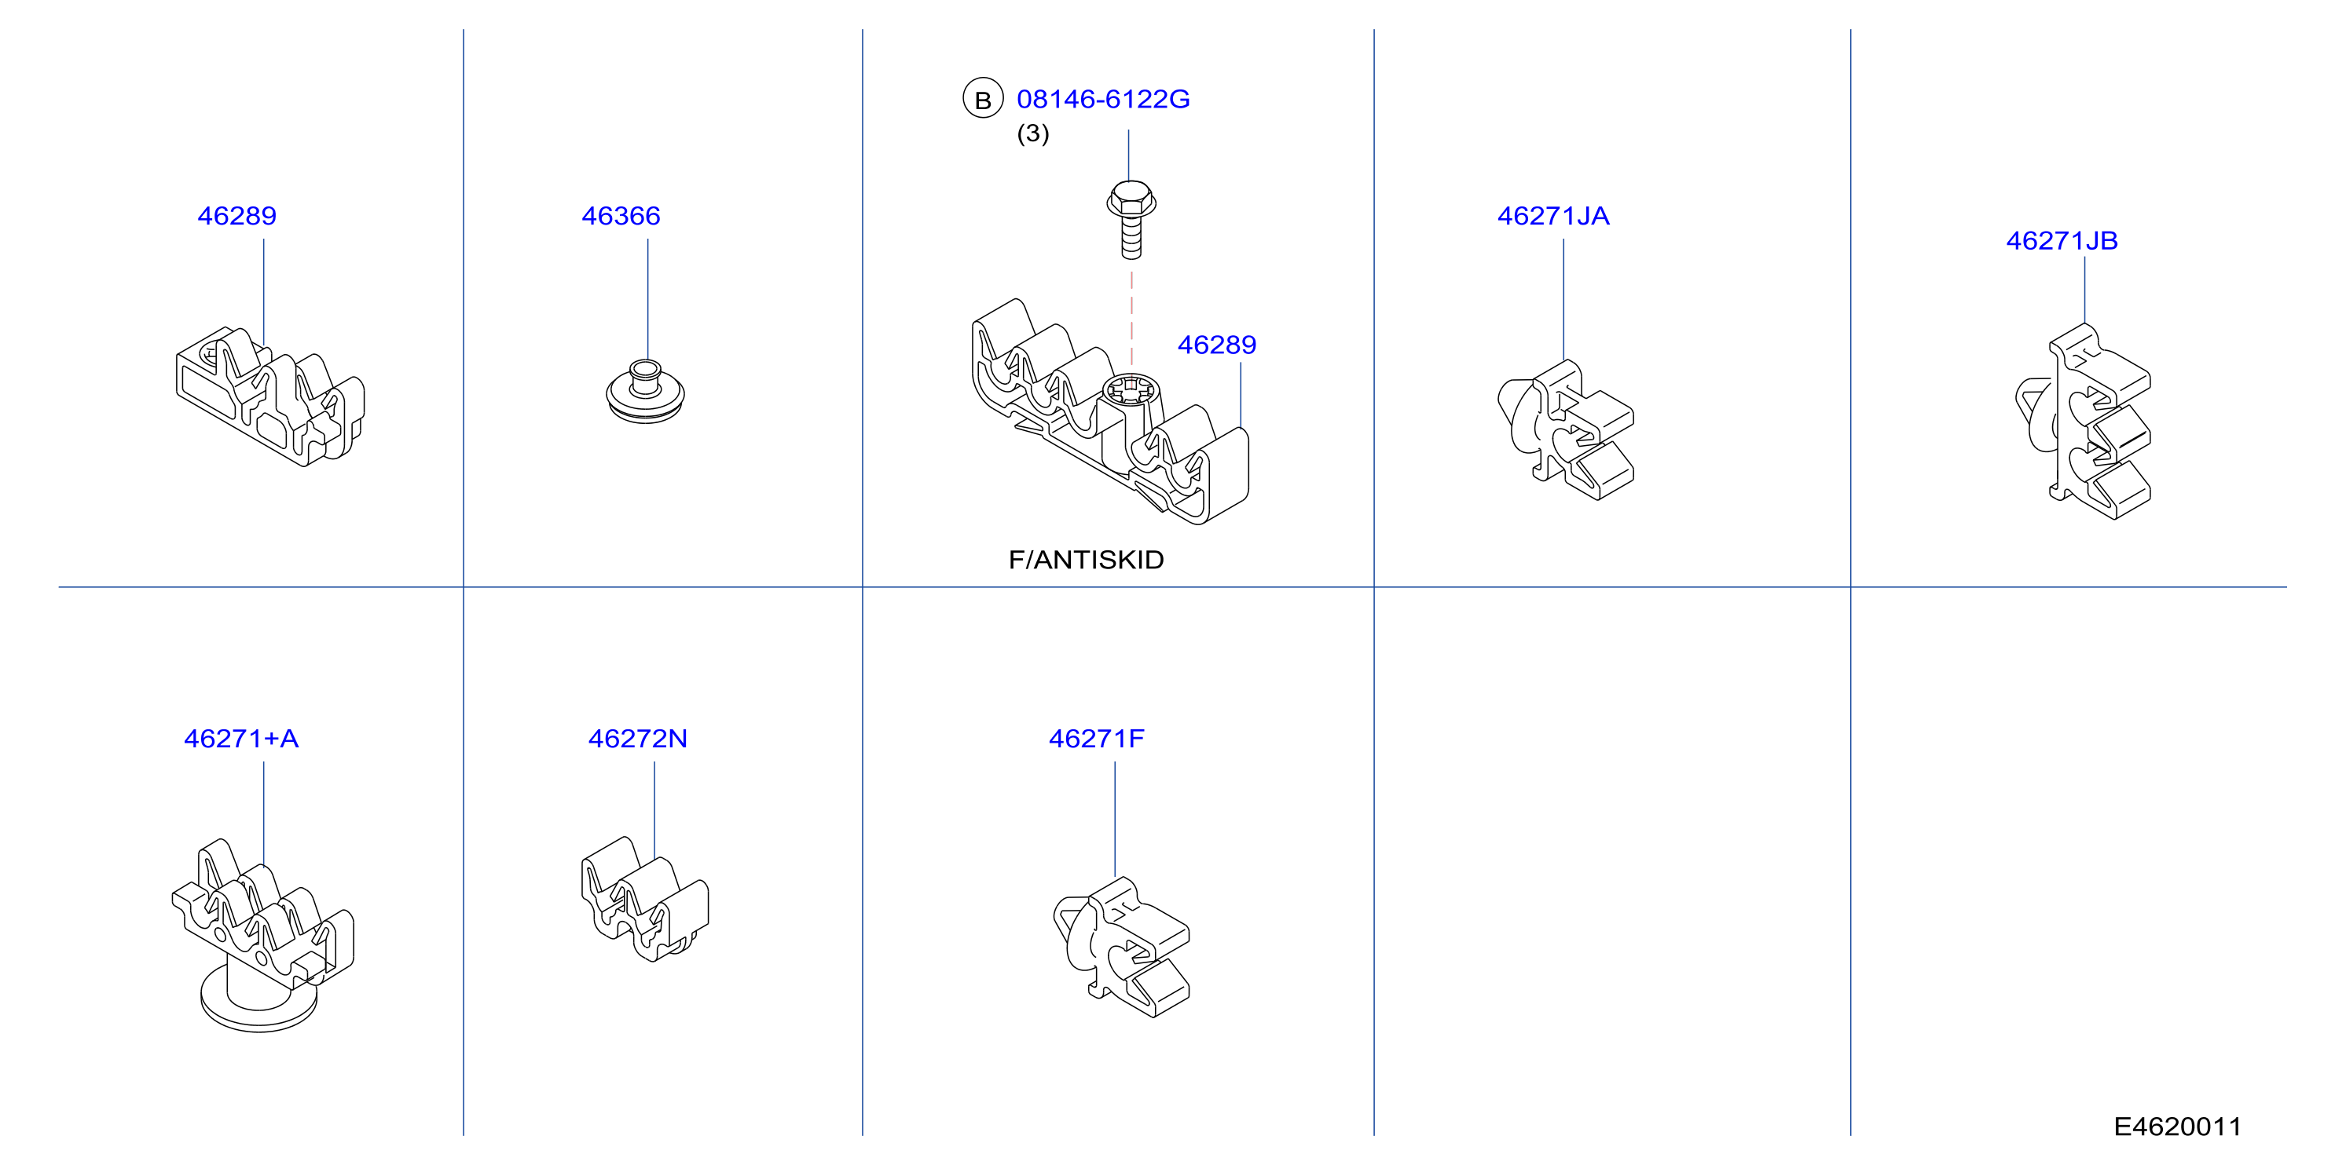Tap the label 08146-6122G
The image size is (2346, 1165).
pyautogui.click(x=1103, y=99)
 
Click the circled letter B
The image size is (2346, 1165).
pyautogui.click(x=983, y=99)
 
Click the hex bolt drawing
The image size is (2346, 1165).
pyautogui.click(x=1131, y=219)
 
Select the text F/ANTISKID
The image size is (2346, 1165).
pyautogui.click(x=1086, y=560)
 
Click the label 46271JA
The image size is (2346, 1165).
pyautogui.click(x=1552, y=216)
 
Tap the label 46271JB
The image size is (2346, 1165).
pyautogui.click(x=2062, y=240)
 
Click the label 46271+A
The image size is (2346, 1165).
pyautogui.click(x=241, y=738)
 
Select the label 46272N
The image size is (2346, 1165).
pyautogui.click(x=637, y=738)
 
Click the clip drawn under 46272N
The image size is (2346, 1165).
pyautogui.click(x=645, y=898)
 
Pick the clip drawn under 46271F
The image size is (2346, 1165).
pyautogui.click(x=1121, y=947)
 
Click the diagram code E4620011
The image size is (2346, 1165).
pyautogui.click(x=2176, y=1127)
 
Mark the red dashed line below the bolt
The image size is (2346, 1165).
pyautogui.click(x=1131, y=320)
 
